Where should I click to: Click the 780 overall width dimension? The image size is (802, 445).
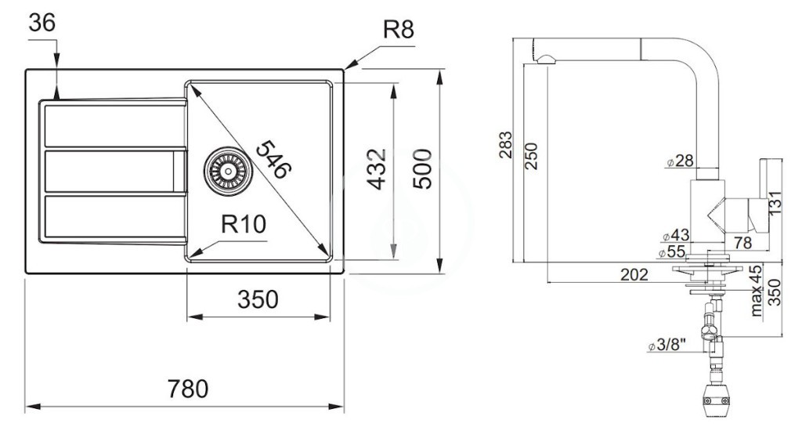(x=188, y=389)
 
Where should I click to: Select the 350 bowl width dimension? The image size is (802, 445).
(x=258, y=300)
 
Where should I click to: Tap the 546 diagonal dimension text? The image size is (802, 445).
(x=273, y=160)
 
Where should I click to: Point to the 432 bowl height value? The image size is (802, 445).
(x=378, y=169)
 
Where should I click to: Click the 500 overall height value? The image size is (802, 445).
(x=422, y=168)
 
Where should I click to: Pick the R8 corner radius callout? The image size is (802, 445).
(x=399, y=31)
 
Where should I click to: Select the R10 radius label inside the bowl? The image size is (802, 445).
(x=244, y=224)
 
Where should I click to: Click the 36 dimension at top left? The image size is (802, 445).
(x=42, y=23)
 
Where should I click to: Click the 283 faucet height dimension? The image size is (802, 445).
(x=505, y=145)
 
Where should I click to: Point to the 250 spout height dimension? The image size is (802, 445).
(x=532, y=156)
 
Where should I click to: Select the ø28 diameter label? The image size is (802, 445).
(x=681, y=161)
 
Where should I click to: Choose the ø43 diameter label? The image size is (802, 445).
(x=676, y=235)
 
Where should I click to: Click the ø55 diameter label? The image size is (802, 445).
(x=672, y=251)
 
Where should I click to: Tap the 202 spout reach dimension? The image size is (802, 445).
(x=634, y=275)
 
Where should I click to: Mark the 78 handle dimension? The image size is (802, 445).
(x=742, y=242)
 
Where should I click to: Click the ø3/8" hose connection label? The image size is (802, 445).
(x=667, y=346)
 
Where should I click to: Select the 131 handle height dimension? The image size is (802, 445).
(x=775, y=203)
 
